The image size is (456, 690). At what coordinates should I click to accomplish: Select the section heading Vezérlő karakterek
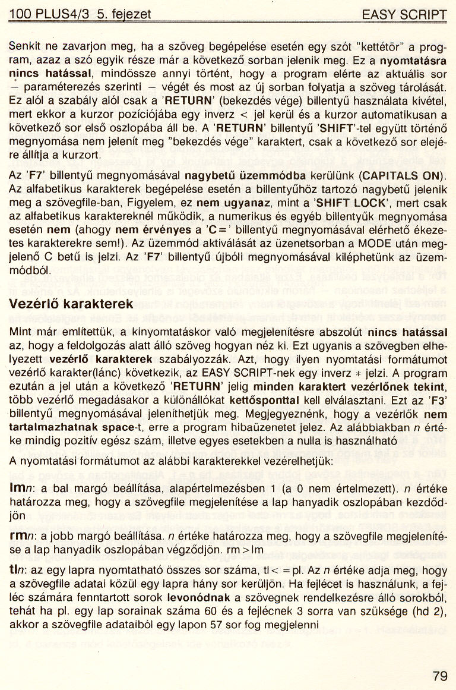(71, 304)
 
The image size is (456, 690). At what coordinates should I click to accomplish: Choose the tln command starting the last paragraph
(20, 569)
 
